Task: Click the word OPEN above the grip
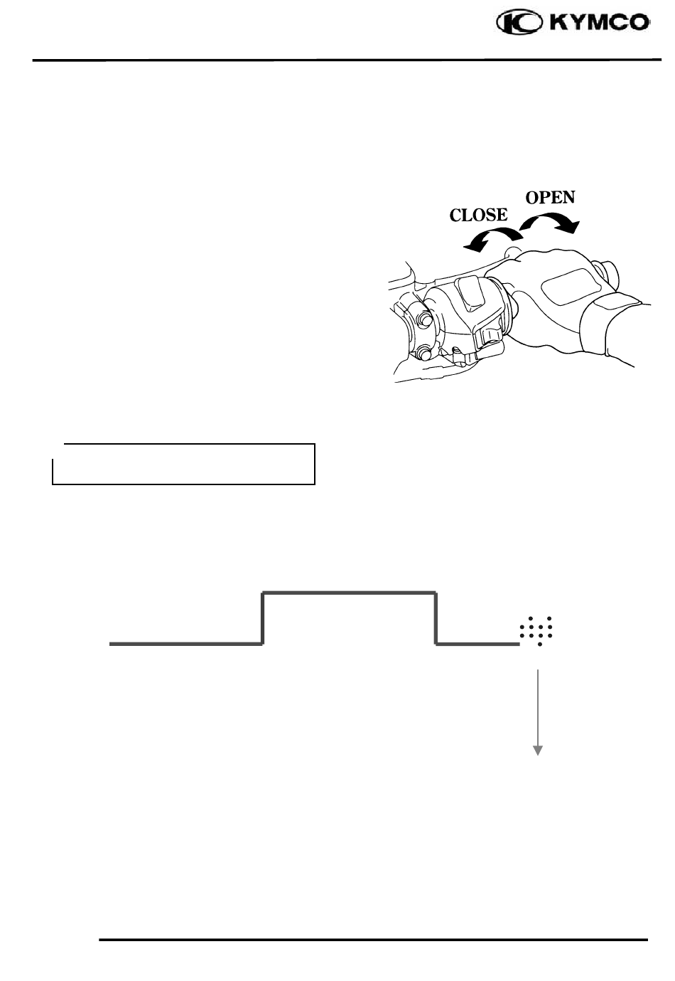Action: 550,197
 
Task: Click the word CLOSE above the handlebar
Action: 479,215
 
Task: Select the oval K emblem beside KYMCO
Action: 521,24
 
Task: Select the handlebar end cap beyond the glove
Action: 610,273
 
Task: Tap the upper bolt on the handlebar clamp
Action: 426,319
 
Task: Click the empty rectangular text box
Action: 183,464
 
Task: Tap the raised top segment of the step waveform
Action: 349,592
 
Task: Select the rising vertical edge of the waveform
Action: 264,617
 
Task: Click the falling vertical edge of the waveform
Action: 436,617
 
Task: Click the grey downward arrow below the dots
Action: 538,711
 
